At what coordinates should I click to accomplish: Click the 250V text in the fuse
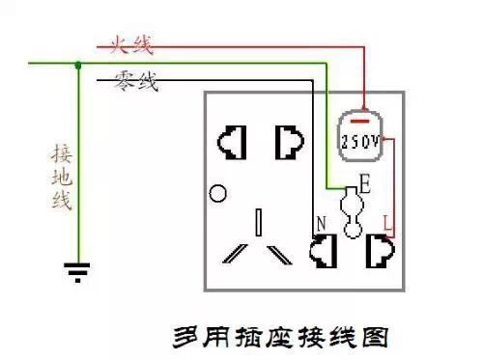coord(359,141)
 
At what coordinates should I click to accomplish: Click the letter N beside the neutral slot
coord(321,224)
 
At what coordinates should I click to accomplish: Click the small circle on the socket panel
coord(218,193)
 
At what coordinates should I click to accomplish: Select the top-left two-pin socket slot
coord(231,143)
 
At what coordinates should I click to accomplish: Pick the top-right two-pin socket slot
coord(287,143)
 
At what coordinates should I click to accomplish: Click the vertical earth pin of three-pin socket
coord(258,221)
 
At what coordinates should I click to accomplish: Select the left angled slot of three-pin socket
coord(235,254)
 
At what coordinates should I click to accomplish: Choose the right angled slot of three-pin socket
coord(279,254)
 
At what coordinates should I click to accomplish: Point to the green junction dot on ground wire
coord(77,65)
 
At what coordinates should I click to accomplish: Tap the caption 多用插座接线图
coord(281,338)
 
